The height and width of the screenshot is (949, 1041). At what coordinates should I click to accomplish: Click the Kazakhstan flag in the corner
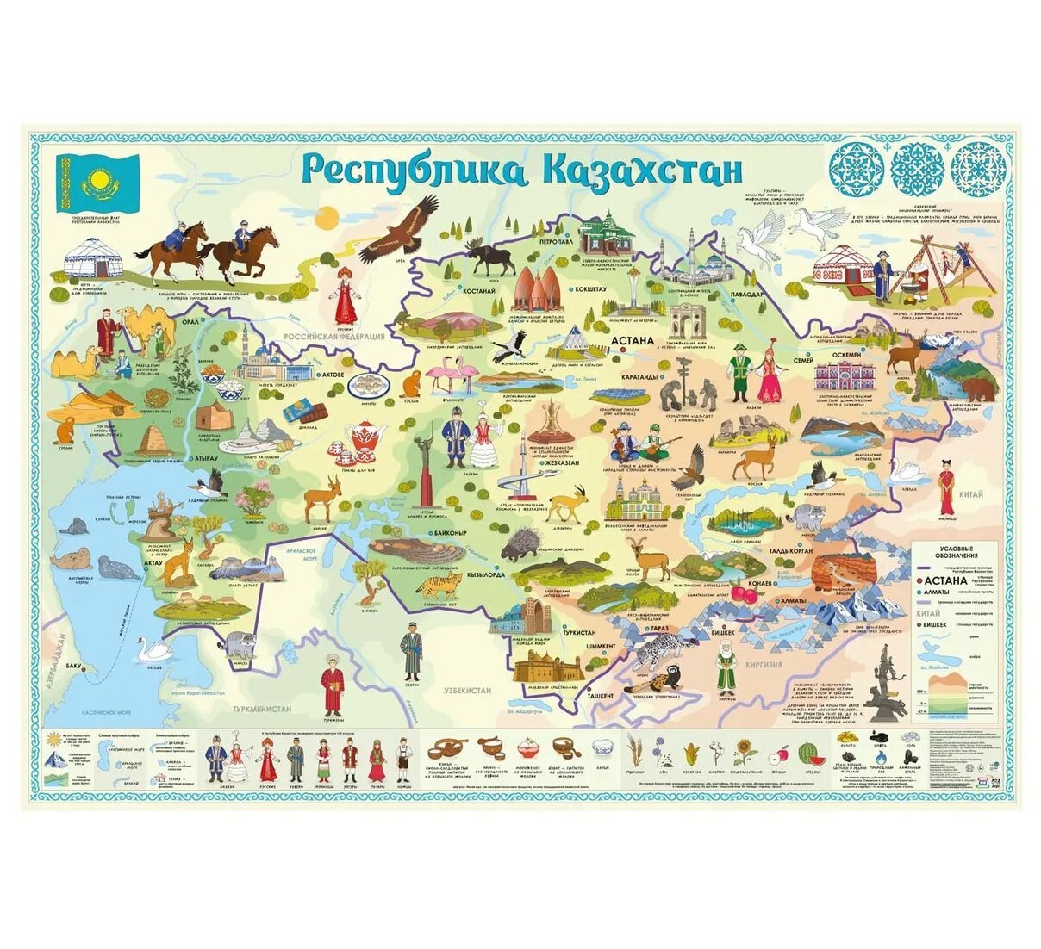click(x=97, y=183)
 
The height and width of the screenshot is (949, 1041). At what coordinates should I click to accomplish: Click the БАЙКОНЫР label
click(x=452, y=534)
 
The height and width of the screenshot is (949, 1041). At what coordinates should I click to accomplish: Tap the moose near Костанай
click(x=488, y=257)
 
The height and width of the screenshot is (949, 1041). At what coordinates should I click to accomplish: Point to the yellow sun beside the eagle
click(x=327, y=220)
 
